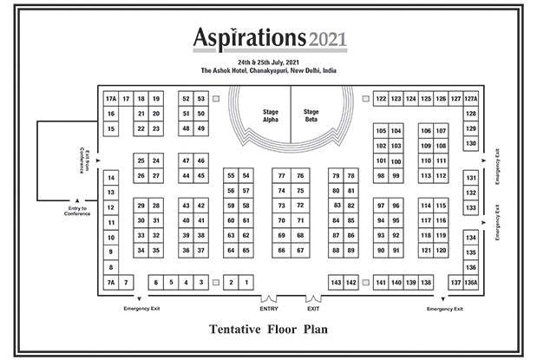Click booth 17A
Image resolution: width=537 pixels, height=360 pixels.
(x=111, y=99)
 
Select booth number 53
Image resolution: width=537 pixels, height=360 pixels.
(x=201, y=99)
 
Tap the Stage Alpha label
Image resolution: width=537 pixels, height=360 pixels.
(x=271, y=115)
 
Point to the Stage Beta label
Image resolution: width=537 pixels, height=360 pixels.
(x=311, y=115)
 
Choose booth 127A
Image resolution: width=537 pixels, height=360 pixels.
(x=471, y=99)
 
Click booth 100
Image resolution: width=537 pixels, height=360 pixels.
(x=396, y=161)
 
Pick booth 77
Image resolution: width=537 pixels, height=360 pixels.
(x=282, y=176)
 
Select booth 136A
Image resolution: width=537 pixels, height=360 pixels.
(x=471, y=283)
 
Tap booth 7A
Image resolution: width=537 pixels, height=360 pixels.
(x=111, y=283)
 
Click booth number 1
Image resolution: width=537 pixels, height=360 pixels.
(x=246, y=283)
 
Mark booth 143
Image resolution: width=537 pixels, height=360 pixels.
(x=336, y=283)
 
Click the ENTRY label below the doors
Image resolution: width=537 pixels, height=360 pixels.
(x=269, y=309)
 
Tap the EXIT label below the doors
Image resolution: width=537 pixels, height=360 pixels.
(x=313, y=309)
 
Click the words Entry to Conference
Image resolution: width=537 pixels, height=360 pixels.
(x=77, y=211)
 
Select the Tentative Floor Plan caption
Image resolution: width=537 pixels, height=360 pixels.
(x=269, y=329)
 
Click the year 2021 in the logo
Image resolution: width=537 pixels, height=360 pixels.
(x=328, y=39)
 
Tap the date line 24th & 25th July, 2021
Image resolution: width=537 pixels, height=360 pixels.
(x=269, y=62)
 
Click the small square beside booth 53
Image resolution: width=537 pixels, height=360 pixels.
(x=216, y=99)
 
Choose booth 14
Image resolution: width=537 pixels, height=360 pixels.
(x=111, y=178)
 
